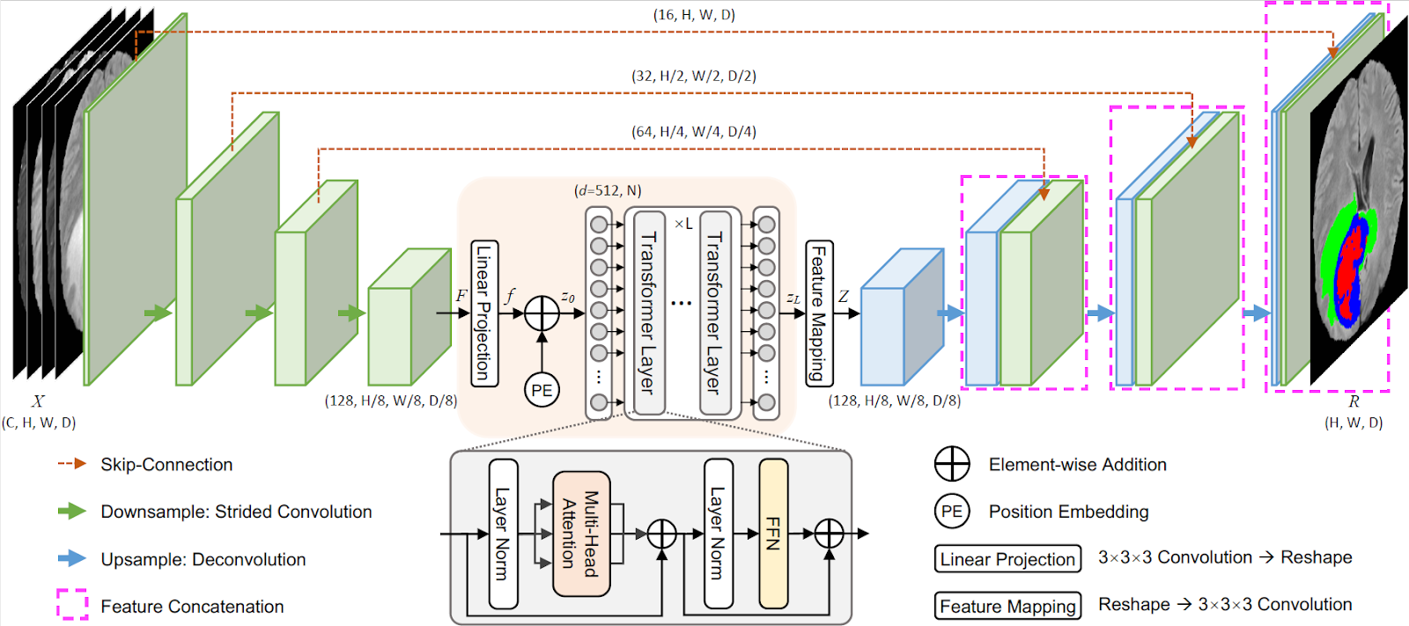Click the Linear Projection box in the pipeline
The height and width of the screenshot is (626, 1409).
tap(484, 313)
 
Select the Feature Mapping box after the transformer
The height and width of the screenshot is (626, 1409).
tap(820, 313)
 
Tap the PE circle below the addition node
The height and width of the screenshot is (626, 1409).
tap(542, 390)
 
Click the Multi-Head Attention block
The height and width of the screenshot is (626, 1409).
tap(581, 534)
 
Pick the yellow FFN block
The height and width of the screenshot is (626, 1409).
tap(773, 534)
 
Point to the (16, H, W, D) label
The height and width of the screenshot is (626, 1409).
tap(694, 14)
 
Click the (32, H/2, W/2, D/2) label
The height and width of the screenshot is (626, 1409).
tap(694, 76)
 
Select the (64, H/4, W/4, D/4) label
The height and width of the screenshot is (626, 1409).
tap(694, 131)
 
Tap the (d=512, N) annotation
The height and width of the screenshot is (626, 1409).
tap(608, 191)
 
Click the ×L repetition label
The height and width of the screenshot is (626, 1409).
tap(683, 224)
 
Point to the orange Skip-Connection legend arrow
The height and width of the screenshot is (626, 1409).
tap(72, 464)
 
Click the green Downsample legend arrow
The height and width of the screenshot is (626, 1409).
tap(72, 511)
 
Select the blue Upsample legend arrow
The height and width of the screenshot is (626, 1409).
tap(72, 558)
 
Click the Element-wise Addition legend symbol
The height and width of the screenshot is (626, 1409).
tap(952, 464)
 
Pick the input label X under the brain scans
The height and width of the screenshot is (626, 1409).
tap(39, 401)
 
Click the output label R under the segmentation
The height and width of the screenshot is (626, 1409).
tap(1354, 401)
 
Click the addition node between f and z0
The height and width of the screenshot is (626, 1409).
tap(542, 313)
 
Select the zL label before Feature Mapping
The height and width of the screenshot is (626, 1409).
tap(793, 298)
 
